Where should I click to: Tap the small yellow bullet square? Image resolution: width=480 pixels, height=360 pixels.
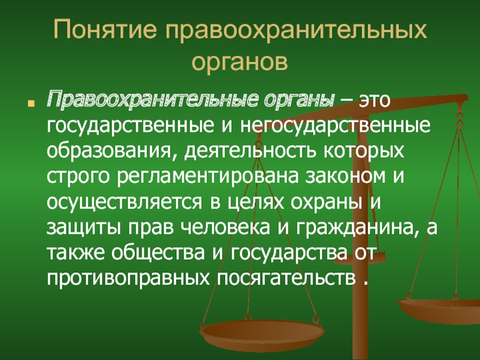[31, 103]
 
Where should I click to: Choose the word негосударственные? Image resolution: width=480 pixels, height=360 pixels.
[335, 126]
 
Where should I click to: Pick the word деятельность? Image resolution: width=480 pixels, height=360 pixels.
[250, 150]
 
